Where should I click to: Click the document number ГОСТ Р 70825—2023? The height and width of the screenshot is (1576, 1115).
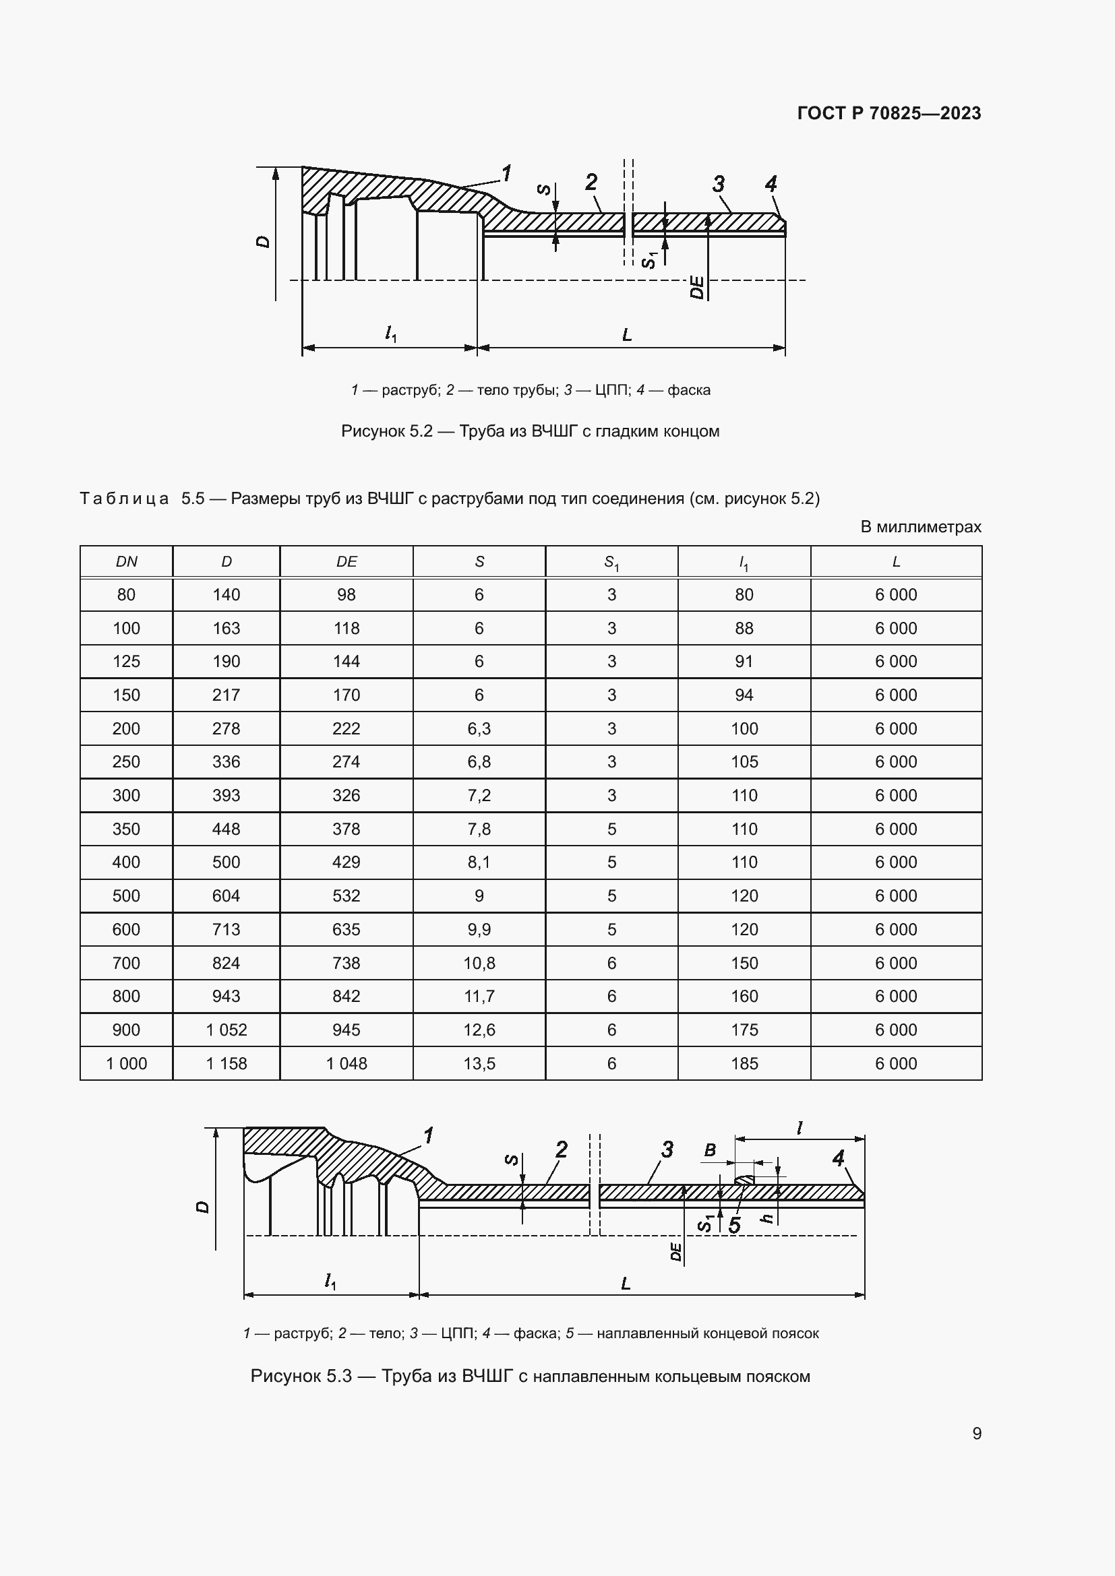coord(888,113)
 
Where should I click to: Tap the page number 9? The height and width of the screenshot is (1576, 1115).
coord(976,1433)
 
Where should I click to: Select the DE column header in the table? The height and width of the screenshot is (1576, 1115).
coord(346,561)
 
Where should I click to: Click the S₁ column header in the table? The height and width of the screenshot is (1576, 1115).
coord(611,563)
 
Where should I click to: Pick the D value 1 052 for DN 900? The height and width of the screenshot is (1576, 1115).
coord(226,1030)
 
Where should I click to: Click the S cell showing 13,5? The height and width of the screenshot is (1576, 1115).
coord(479,1063)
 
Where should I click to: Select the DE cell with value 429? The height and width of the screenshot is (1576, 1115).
coord(346,862)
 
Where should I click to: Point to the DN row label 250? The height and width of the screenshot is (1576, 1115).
coord(125,762)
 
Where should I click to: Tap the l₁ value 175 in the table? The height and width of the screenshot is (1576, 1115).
coord(744,1030)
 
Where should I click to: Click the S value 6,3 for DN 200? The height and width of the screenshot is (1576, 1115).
coord(479,728)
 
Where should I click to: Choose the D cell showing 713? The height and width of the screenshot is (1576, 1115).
coord(226,929)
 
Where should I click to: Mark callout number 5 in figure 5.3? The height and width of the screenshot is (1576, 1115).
coord(734,1225)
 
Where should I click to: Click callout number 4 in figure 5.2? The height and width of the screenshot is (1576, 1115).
coord(771,184)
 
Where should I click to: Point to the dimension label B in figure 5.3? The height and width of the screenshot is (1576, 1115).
coord(710,1150)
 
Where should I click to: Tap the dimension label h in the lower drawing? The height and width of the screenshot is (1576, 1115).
coord(768,1218)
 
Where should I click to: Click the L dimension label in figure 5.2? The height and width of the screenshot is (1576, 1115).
coord(626,335)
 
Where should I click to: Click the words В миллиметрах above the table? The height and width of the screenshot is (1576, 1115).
coord(920,526)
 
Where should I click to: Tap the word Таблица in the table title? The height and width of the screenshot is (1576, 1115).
coord(124,499)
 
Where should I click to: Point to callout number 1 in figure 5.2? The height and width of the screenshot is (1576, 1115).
coord(507,173)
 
